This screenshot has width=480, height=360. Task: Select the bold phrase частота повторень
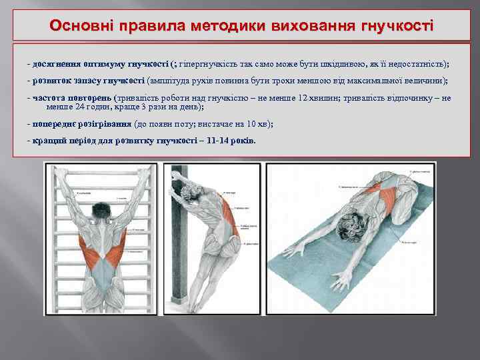72,98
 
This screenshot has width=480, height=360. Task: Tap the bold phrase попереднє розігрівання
82,124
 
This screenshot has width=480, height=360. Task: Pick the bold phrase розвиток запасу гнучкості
89,81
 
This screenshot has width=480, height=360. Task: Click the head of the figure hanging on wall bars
101,211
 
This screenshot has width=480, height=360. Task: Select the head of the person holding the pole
190,193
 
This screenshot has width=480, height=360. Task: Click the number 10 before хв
251,124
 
